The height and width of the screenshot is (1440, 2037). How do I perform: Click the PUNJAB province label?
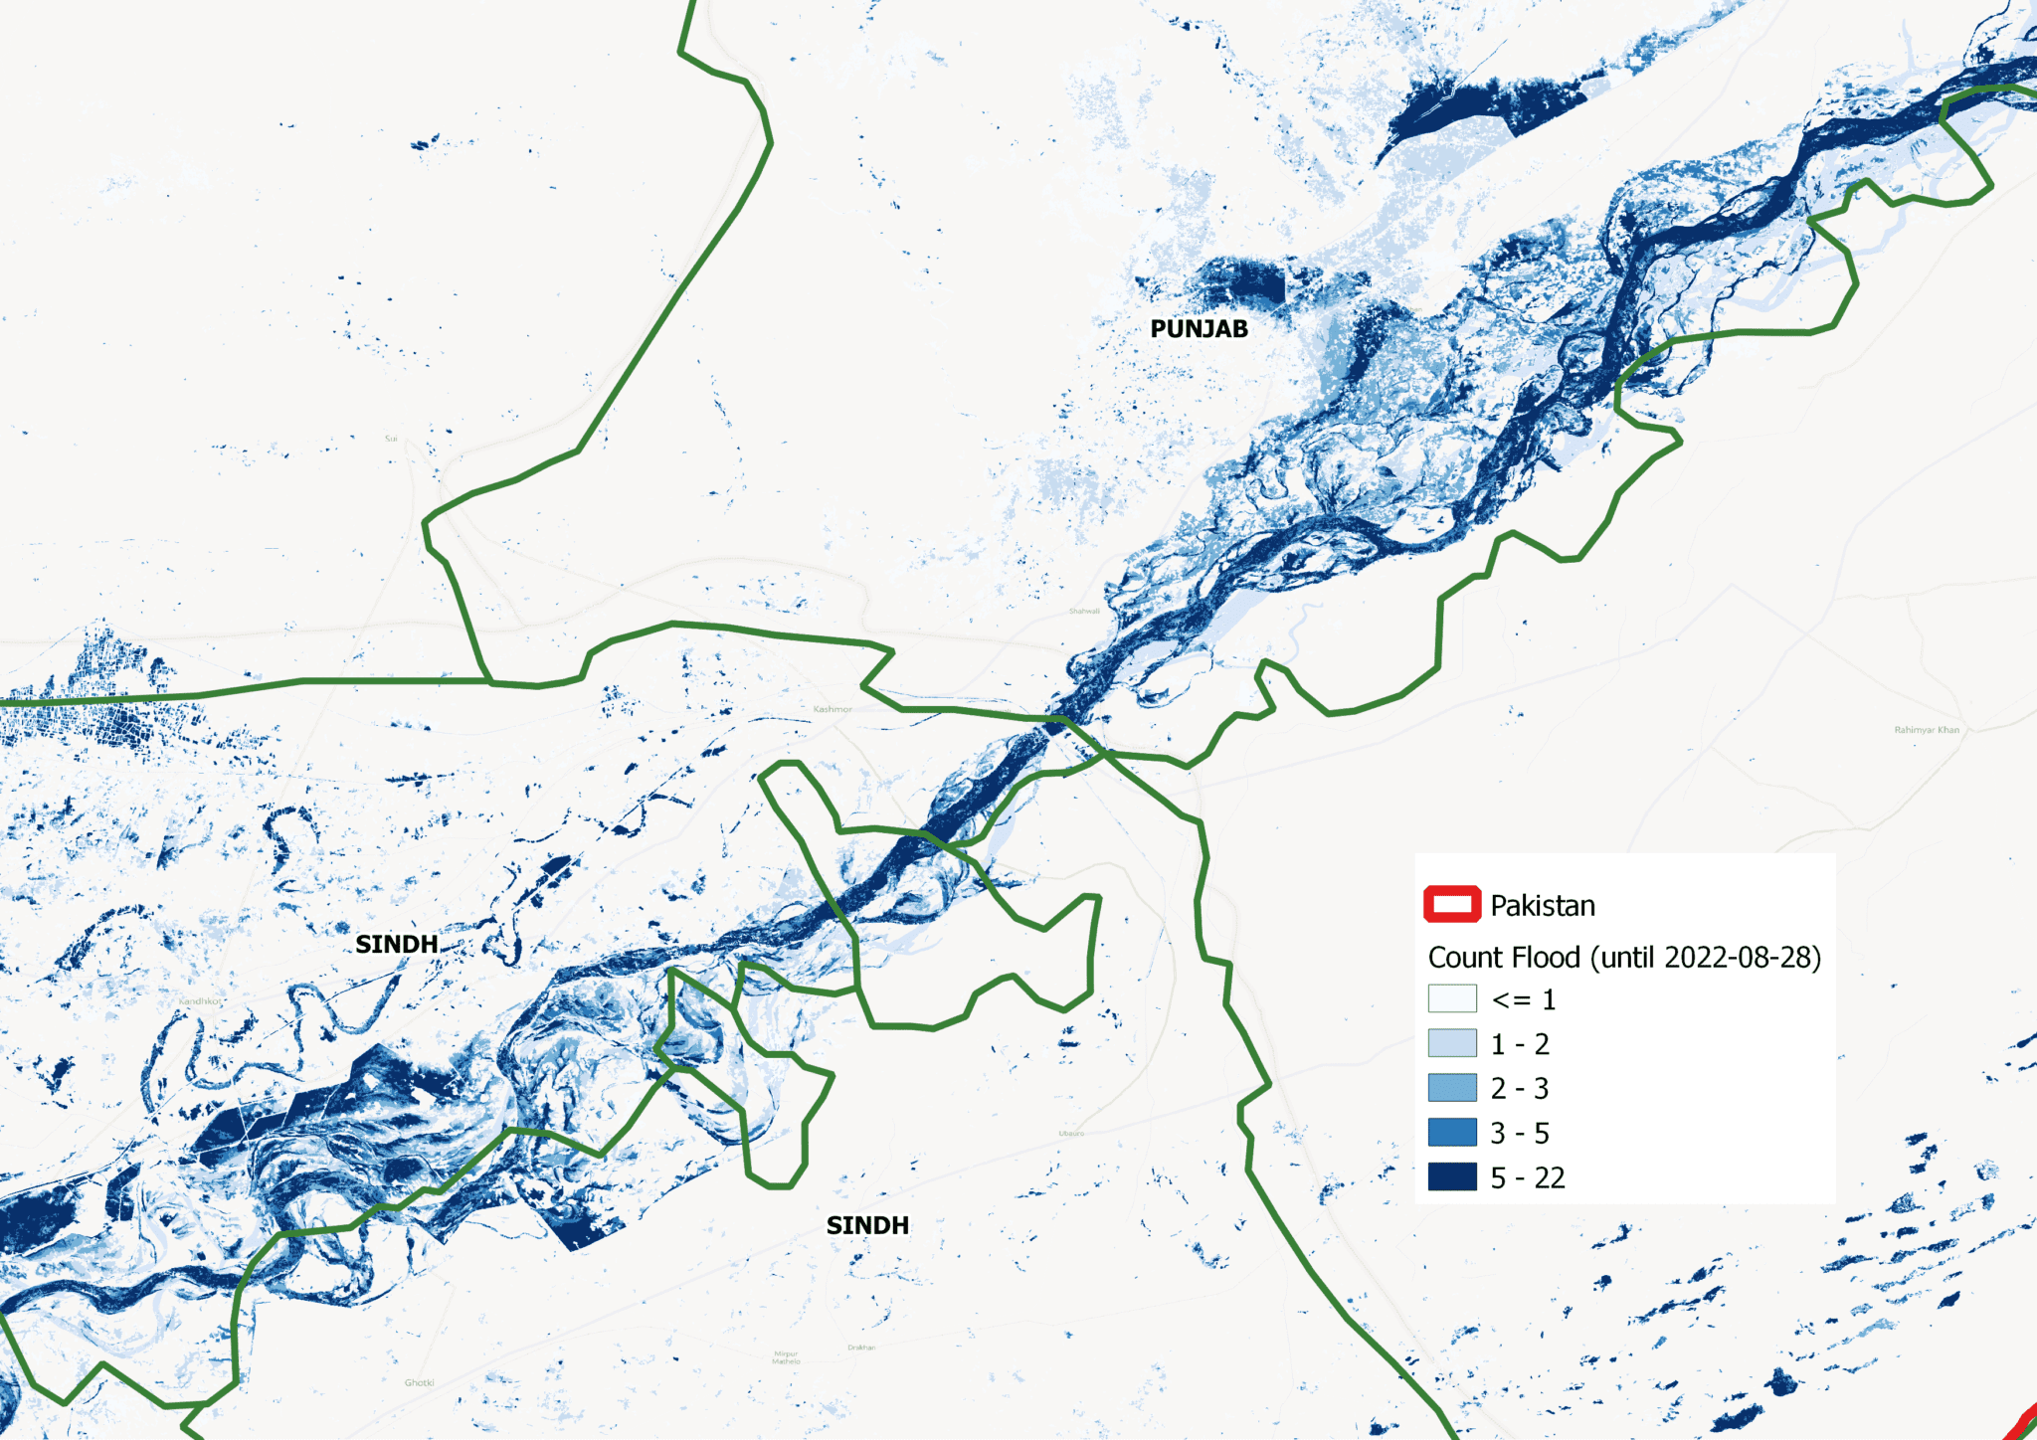click(1199, 329)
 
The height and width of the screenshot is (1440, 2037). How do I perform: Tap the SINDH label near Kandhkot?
click(397, 944)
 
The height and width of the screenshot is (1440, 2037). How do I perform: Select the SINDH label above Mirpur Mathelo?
click(867, 1225)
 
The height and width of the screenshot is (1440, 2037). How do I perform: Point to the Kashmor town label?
click(833, 709)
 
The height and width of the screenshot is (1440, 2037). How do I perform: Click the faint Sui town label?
click(391, 439)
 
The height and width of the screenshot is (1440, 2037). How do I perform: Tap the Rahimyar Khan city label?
click(1927, 730)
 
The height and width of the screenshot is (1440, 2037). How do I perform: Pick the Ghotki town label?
click(419, 1382)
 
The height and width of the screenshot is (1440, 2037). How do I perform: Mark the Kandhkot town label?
click(201, 1001)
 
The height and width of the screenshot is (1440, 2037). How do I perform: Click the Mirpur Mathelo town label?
click(786, 1357)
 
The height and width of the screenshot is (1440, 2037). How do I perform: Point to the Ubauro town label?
click(1071, 1133)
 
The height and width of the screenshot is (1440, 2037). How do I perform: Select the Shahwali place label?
click(1084, 611)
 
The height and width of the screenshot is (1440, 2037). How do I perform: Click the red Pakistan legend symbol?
click(1452, 904)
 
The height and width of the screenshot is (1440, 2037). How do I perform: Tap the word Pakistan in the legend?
click(1543, 906)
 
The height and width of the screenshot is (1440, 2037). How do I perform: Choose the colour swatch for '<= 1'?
click(1452, 998)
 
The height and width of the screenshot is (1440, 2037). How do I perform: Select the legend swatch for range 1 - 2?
click(1452, 1043)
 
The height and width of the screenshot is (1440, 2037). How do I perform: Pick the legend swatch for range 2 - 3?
click(1452, 1088)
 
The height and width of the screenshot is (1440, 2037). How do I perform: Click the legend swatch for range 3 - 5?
click(1452, 1133)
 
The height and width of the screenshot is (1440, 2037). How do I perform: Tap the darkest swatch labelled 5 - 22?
click(1452, 1177)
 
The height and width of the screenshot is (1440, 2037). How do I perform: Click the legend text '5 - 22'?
click(1528, 1178)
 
